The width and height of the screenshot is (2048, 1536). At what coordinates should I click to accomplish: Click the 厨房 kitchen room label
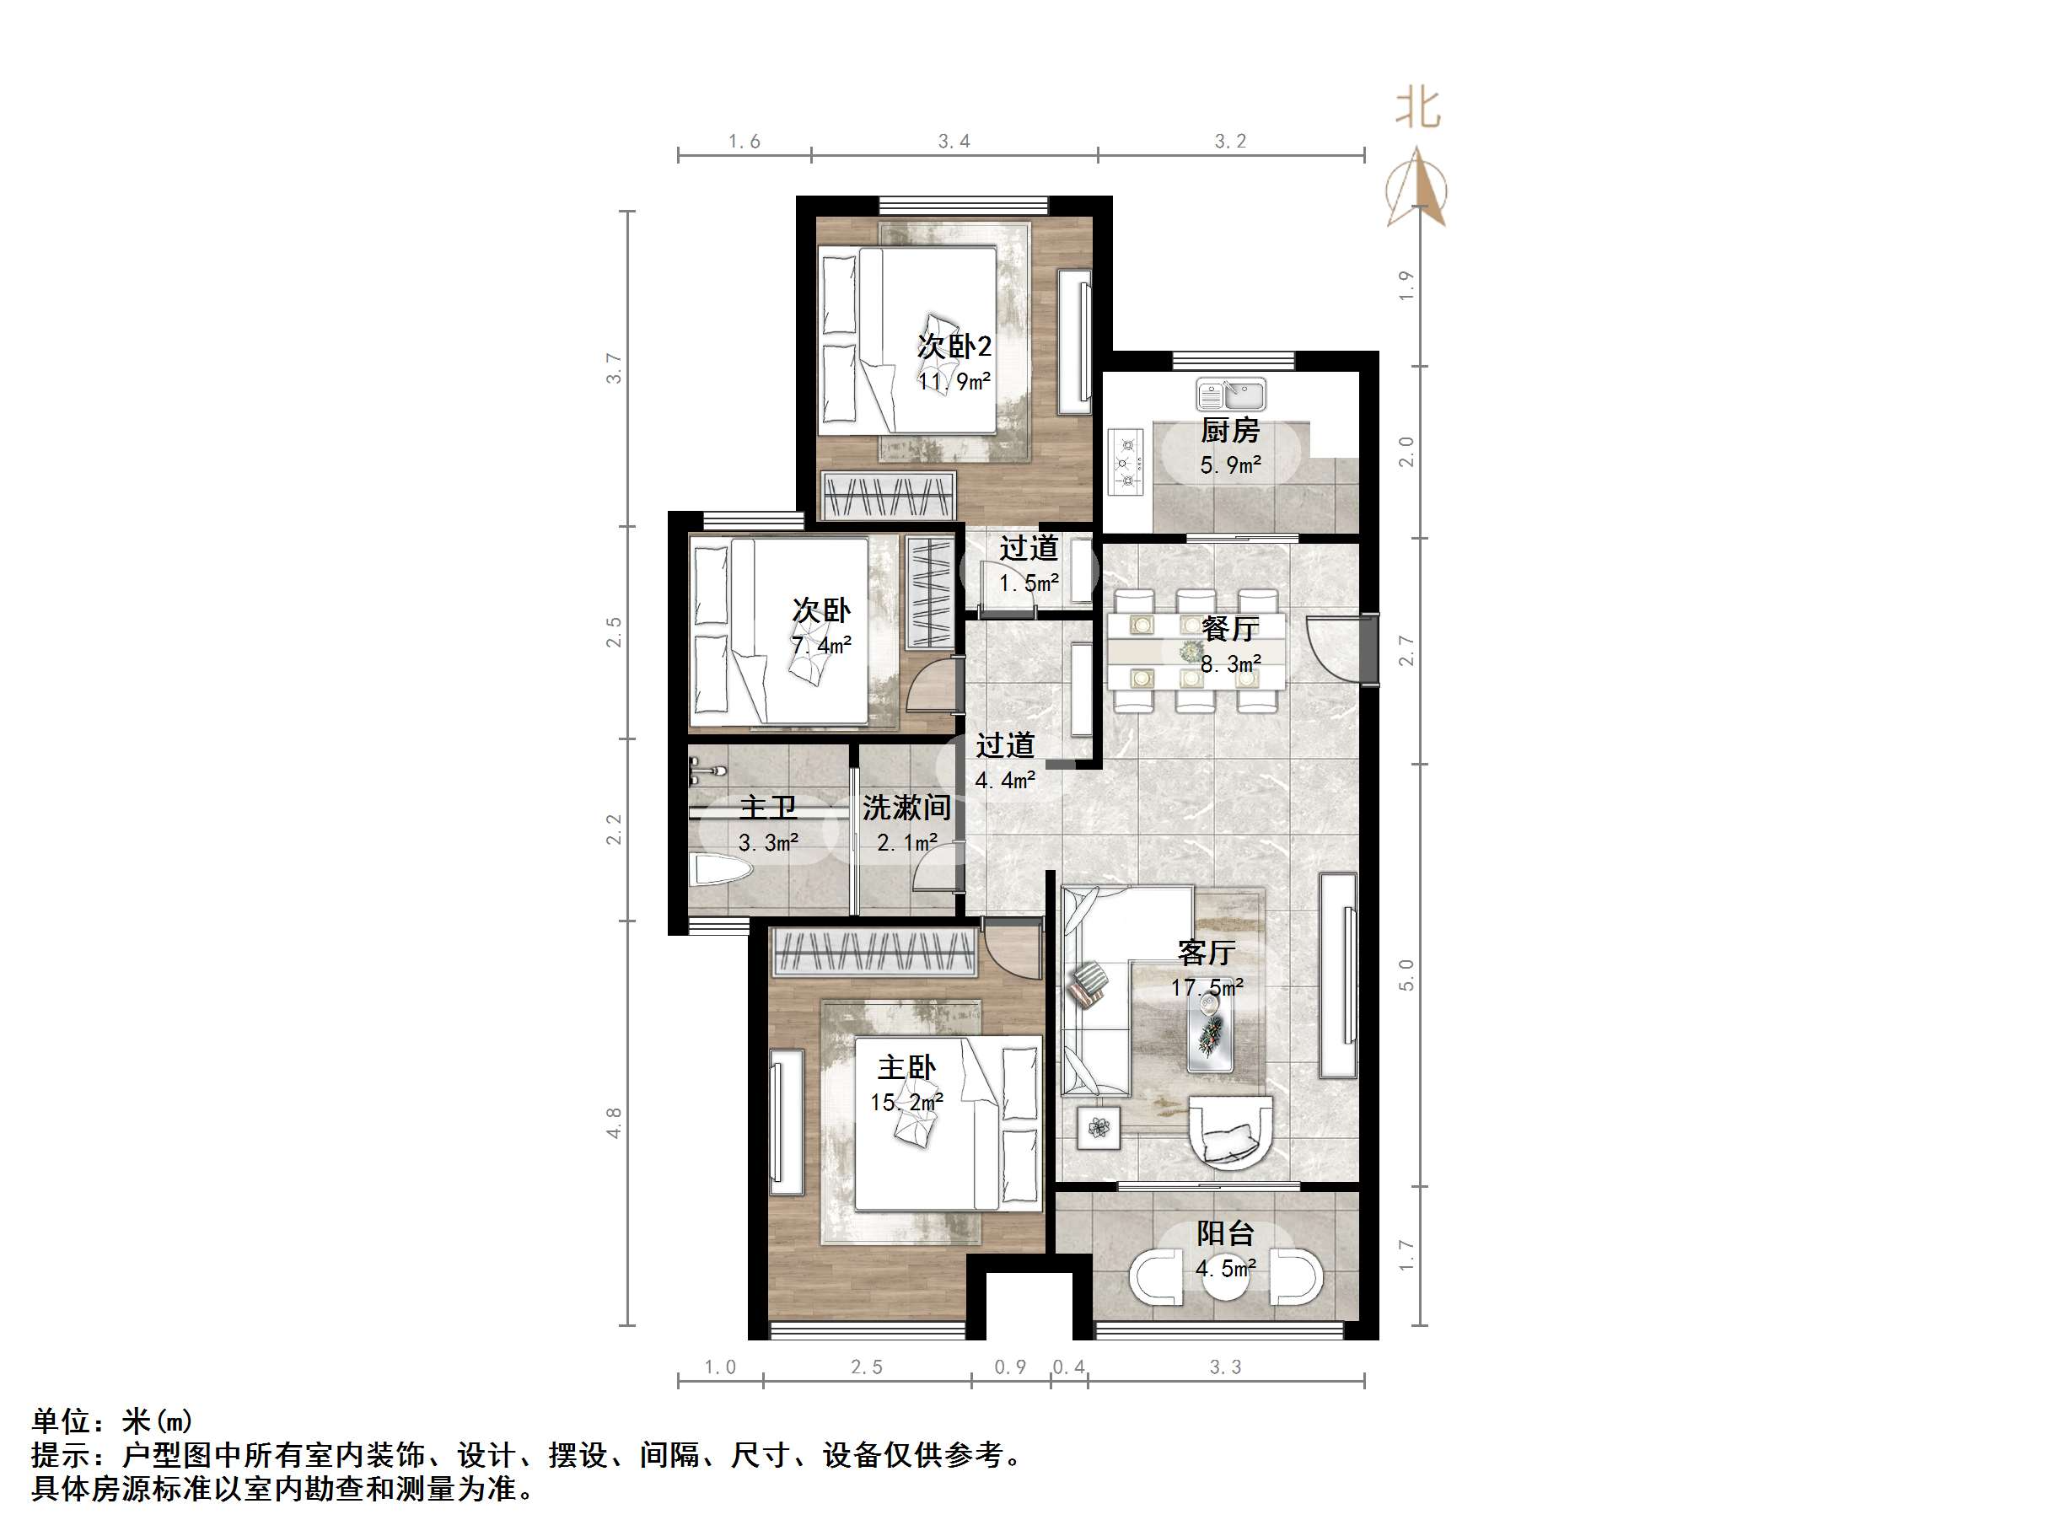(x=1229, y=431)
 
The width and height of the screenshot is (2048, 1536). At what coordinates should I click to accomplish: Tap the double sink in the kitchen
(x=1230, y=395)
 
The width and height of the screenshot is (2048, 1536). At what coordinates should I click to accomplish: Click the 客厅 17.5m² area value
(x=1207, y=988)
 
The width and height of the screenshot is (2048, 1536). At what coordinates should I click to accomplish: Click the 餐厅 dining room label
(x=1229, y=630)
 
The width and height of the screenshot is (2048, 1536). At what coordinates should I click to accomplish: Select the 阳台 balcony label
(x=1225, y=1233)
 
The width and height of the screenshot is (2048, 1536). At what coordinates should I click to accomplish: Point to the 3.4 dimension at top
(x=954, y=142)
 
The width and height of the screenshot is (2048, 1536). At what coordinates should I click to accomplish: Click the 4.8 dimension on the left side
(x=613, y=1122)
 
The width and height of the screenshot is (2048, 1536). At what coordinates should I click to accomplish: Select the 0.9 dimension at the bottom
(x=1010, y=1367)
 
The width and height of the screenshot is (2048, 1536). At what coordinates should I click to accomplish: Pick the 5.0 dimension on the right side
(x=1406, y=975)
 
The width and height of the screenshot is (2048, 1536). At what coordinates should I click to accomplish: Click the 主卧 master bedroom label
(x=906, y=1067)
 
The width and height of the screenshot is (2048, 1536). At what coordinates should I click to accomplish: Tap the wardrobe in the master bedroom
(x=875, y=953)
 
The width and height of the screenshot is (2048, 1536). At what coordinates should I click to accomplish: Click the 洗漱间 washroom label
(x=906, y=808)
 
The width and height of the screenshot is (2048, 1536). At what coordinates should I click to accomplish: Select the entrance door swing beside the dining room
(x=1333, y=648)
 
